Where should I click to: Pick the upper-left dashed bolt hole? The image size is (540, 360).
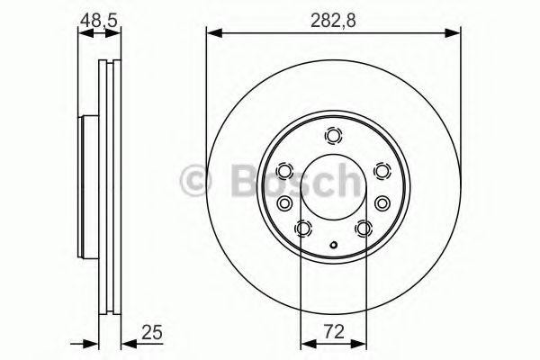click(x=285, y=171)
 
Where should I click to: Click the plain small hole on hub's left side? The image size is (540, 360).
click(x=284, y=202)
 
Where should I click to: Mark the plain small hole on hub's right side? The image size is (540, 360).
click(x=383, y=202)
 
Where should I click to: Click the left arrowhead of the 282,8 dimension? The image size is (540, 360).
click(x=212, y=34)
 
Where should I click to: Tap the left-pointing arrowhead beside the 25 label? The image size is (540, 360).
click(x=127, y=343)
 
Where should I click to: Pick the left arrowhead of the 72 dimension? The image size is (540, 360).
click(x=305, y=343)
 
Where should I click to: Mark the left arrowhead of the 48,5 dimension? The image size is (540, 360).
click(x=84, y=34)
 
